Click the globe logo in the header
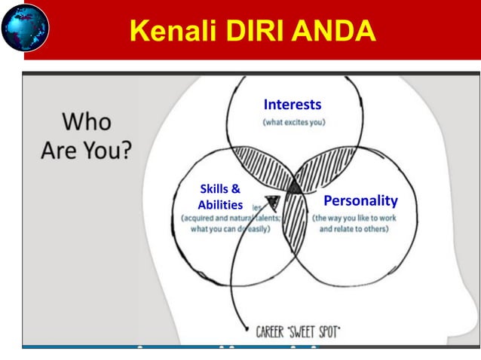(25, 29)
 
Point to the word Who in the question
(86, 121)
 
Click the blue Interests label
(293, 104)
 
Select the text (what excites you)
(293, 122)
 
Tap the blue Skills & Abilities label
(219, 196)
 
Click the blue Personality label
(360, 201)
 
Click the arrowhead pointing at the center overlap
(272, 202)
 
